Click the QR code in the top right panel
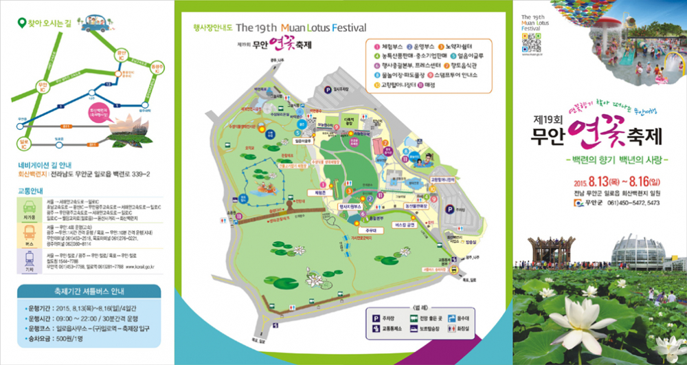tap(528, 43)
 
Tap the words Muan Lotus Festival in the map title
tap(317, 28)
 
